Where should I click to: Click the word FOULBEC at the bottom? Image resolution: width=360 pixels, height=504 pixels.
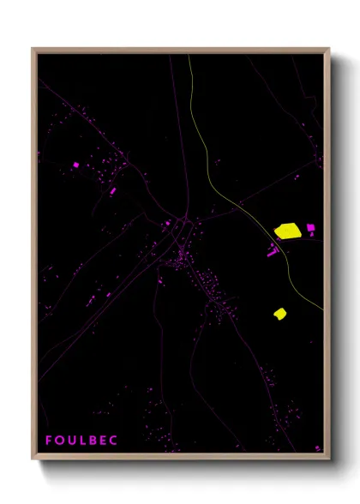pos(81,441)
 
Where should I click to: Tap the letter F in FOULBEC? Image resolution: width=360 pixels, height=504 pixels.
pos(49,441)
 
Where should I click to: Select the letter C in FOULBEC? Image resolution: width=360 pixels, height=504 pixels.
pos(114,441)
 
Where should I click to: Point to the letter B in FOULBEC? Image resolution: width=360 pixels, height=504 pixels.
pos(93,441)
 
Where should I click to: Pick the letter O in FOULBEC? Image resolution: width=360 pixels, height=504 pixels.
pos(59,441)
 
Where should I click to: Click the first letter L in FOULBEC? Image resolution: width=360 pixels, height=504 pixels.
pos(83,441)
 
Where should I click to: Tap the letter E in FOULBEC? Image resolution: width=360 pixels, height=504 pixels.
pos(104,441)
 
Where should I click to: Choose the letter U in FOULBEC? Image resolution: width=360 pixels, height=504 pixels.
pos(72,441)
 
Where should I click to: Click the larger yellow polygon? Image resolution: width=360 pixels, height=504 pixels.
pos(287,231)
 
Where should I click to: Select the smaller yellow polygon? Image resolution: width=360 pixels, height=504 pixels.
pos(279,314)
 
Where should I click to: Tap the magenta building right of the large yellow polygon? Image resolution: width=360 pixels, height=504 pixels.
pos(310,228)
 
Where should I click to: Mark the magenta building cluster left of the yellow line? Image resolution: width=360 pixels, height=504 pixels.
pos(273,251)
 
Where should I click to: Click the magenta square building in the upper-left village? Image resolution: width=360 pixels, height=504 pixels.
pos(76,164)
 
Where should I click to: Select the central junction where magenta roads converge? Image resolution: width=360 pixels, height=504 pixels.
pos(183,221)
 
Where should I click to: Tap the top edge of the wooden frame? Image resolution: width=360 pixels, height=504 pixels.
pos(180,51)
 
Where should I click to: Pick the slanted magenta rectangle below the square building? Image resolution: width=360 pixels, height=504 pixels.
pos(112,190)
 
